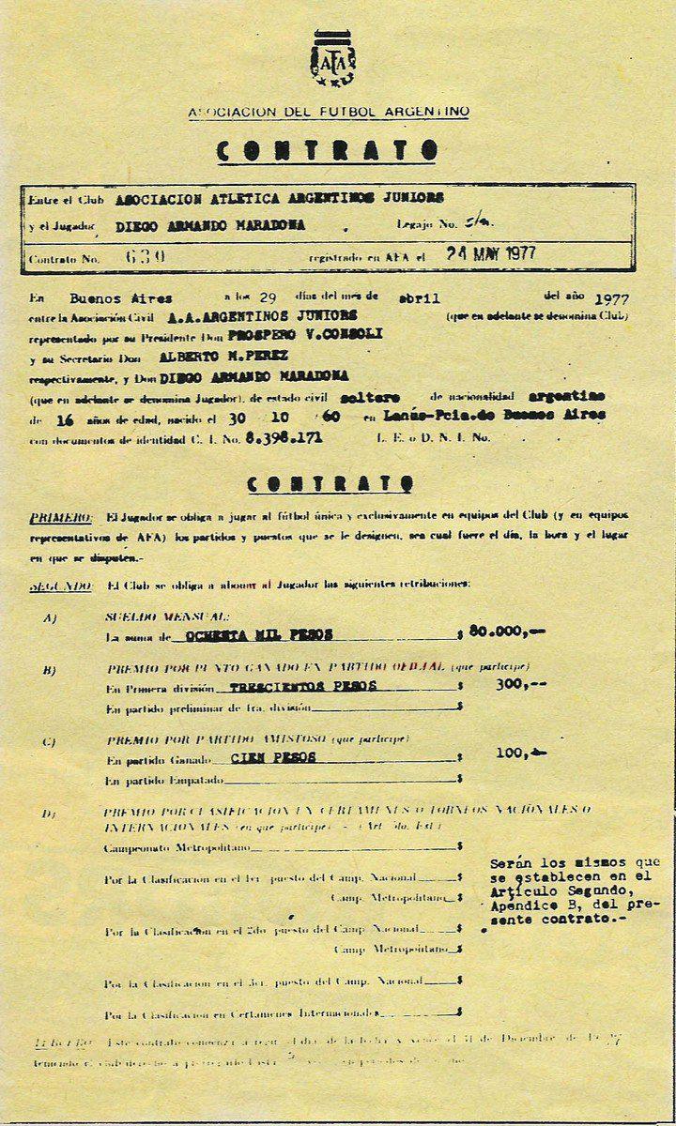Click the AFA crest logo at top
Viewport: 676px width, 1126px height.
pyautogui.click(x=333, y=59)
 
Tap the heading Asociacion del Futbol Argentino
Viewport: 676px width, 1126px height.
pyautogui.click(x=329, y=112)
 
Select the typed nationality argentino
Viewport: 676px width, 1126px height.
pyautogui.click(x=566, y=396)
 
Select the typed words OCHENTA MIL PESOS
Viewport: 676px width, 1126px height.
pyautogui.click(x=258, y=635)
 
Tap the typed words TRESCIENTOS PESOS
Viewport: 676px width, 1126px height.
pyautogui.click(x=303, y=686)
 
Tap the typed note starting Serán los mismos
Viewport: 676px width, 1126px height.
pyautogui.click(x=574, y=890)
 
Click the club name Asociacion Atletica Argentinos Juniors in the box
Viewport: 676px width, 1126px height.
pyautogui.click(x=280, y=199)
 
